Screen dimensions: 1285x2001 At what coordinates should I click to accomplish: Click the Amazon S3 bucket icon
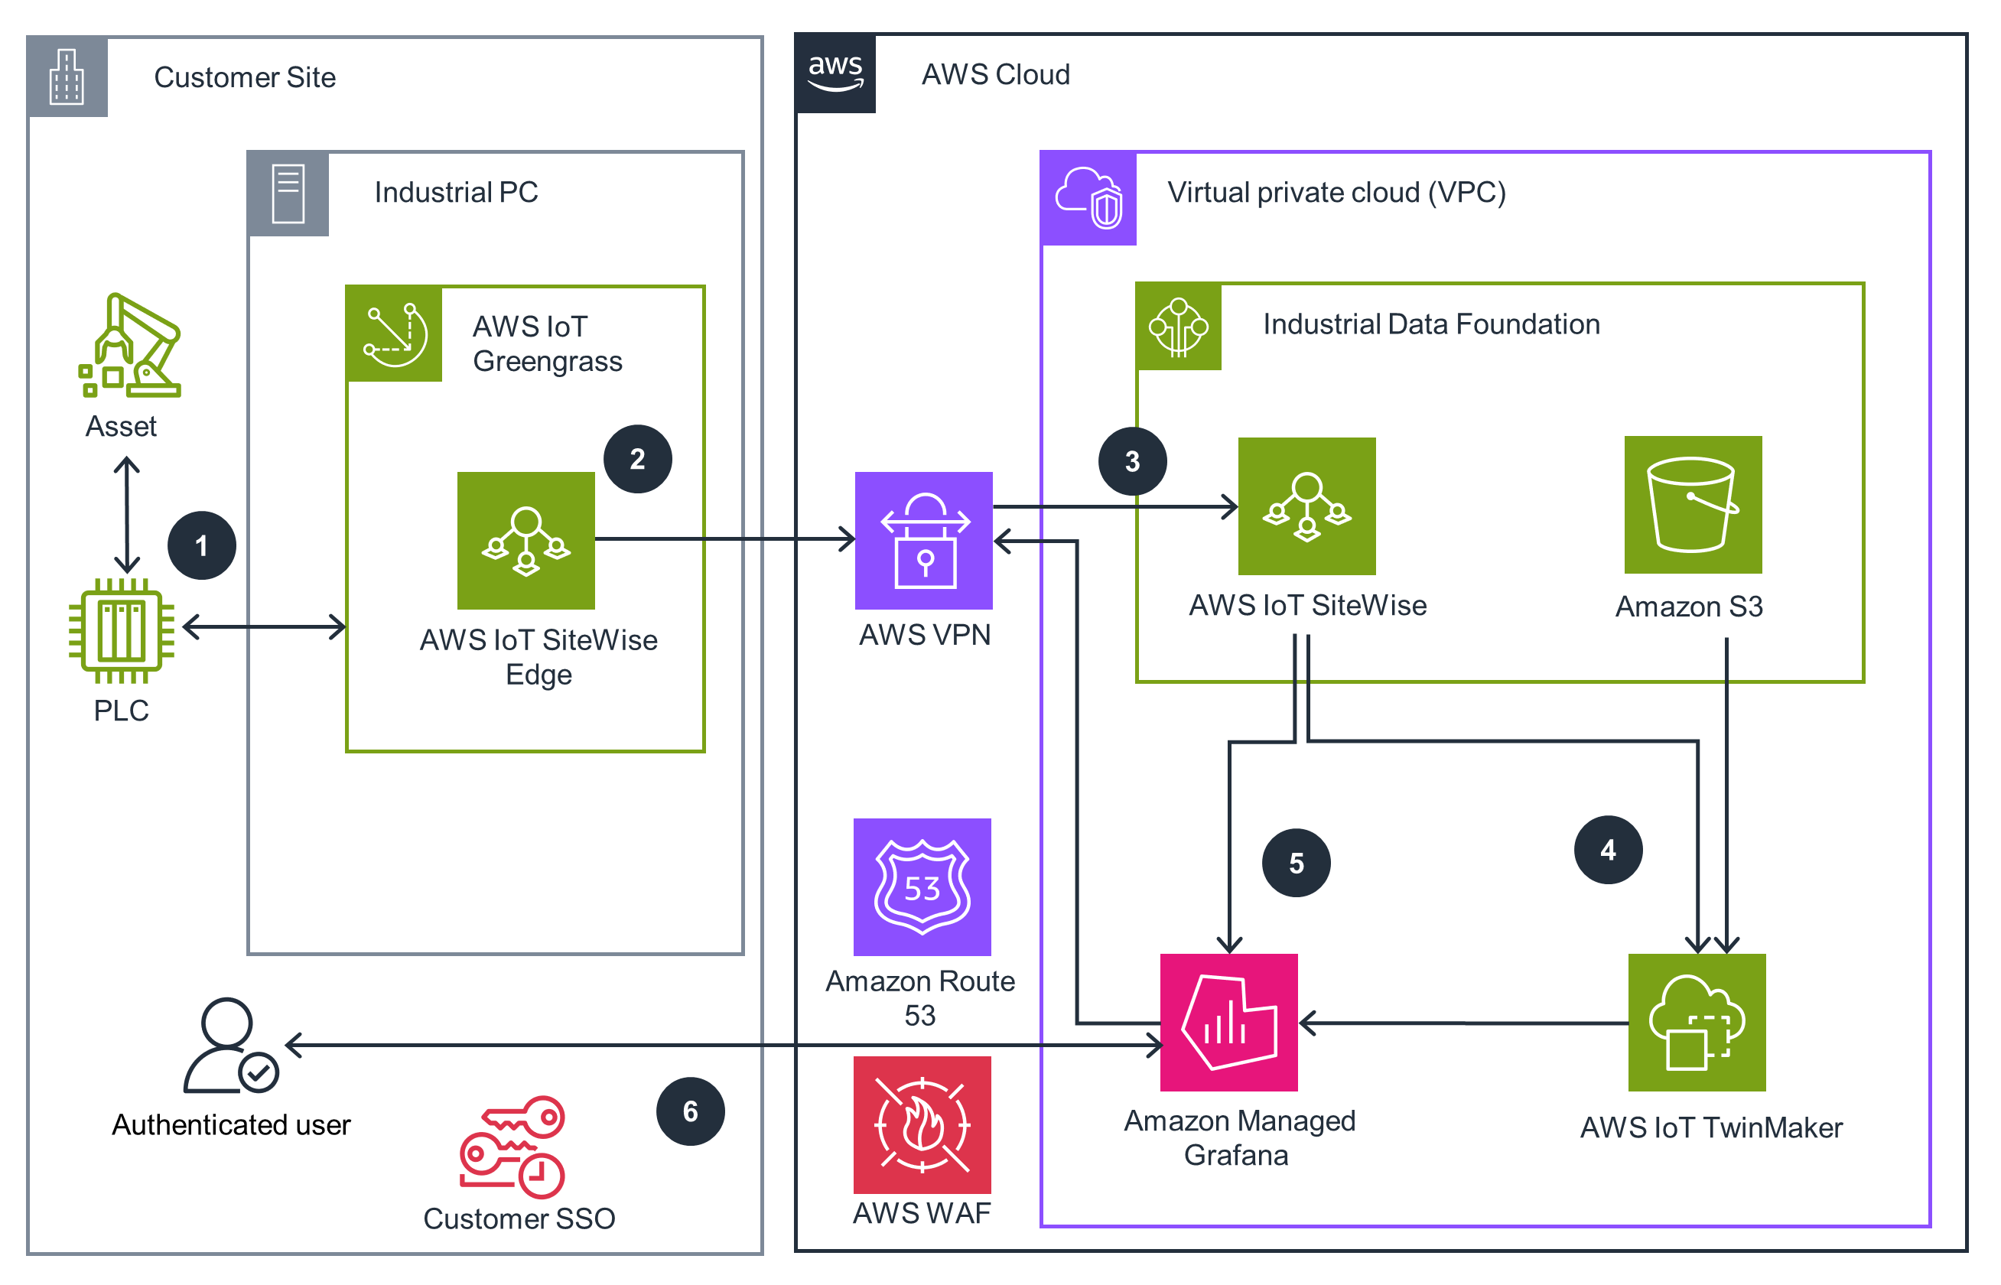[x=1692, y=505]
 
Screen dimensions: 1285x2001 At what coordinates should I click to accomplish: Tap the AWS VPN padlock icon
[x=924, y=541]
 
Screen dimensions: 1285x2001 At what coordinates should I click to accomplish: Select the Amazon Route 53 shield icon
[x=922, y=887]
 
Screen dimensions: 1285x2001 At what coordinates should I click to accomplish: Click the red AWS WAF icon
[x=922, y=1125]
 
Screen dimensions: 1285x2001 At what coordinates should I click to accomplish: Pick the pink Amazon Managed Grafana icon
[x=1228, y=1022]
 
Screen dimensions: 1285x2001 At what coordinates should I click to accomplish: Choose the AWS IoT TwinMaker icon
[x=1697, y=1022]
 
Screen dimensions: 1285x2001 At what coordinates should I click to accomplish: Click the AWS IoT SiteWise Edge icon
[x=525, y=541]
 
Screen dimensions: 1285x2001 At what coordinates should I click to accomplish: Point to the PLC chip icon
[x=122, y=631]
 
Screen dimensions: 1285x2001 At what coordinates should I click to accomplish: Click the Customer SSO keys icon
[x=512, y=1147]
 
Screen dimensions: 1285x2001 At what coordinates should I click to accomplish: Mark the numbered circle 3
[x=1132, y=461]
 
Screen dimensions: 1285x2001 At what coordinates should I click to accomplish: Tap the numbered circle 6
[x=690, y=1111]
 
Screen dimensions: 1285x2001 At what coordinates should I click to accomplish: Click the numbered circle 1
[x=201, y=545]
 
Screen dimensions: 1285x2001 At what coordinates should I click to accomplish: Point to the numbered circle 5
[x=1296, y=863]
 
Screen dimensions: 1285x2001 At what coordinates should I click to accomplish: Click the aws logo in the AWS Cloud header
[x=835, y=73]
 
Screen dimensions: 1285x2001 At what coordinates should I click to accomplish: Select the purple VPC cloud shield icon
[x=1089, y=198]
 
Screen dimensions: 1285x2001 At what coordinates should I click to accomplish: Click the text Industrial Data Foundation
[x=1431, y=324]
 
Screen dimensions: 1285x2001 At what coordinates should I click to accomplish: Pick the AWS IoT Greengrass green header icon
[x=395, y=333]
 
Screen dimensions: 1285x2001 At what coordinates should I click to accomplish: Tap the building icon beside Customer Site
[x=67, y=76]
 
